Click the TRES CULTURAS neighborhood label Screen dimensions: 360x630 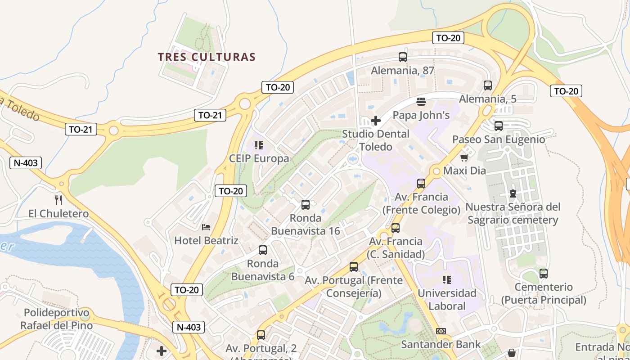pos(207,57)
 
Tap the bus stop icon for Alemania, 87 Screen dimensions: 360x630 pos(403,57)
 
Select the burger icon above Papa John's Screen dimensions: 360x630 pos(421,102)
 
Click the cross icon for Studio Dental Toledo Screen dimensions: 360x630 pos(376,121)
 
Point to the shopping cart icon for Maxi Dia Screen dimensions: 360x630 pos(464,157)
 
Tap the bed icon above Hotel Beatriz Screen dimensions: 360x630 pos(206,227)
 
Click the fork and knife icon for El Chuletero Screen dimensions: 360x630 pos(58,200)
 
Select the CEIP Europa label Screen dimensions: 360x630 pos(259,158)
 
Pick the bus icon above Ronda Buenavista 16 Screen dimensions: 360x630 pos(306,205)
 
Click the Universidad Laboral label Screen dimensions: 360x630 pos(447,299)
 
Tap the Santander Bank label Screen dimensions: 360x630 pos(441,344)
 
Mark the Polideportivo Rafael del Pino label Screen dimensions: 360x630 pos(57,319)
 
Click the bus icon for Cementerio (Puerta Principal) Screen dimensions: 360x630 pos(544,273)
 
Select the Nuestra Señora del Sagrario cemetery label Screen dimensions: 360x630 pos(513,213)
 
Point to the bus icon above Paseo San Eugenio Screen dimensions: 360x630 pos(499,126)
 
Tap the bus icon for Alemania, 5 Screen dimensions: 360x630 pos(488,85)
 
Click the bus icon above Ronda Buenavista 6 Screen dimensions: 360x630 pos(263,250)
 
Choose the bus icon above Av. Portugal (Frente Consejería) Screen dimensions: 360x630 pos(354,267)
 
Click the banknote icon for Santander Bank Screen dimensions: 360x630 pos(441,331)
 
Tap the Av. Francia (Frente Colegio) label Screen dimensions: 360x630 pos(421,203)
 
